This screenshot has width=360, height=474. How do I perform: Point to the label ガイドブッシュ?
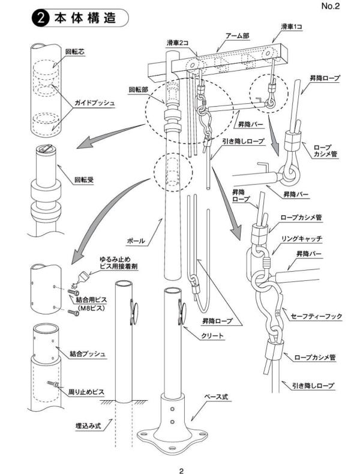click(x=92, y=103)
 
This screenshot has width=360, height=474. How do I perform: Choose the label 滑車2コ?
click(x=178, y=43)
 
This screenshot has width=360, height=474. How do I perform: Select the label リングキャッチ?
click(x=302, y=239)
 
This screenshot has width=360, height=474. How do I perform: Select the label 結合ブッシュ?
click(x=86, y=353)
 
